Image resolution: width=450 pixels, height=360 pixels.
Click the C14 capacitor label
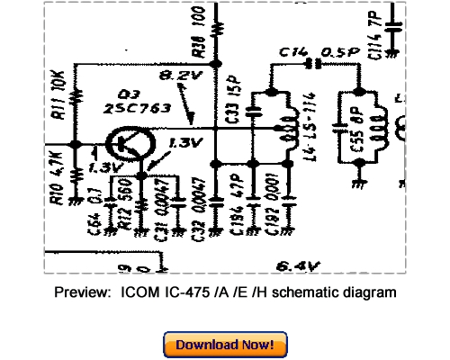pyautogui.click(x=290, y=53)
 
